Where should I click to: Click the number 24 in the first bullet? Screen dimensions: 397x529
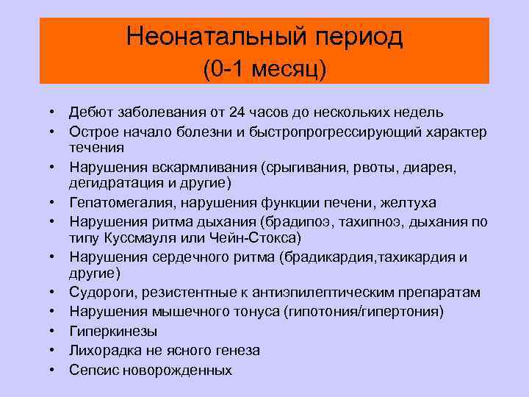238,112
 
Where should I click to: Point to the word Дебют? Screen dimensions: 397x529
90,112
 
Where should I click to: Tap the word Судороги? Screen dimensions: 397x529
98,293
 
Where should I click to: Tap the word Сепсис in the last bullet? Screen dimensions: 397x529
92,369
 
